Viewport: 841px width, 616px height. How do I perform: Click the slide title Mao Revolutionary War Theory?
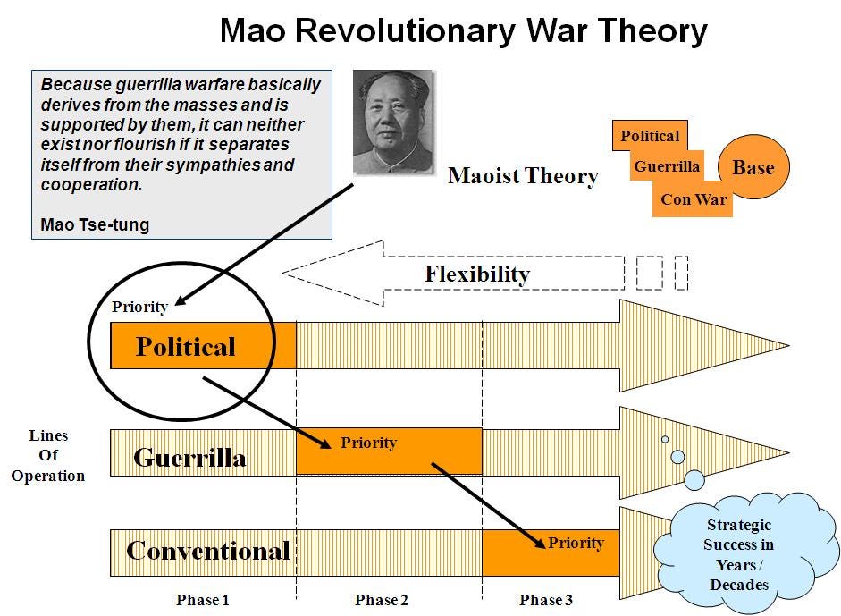click(463, 31)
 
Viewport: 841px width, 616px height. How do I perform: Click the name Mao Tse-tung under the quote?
click(95, 224)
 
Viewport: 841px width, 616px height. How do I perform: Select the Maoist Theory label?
click(523, 175)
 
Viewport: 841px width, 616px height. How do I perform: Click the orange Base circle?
click(753, 167)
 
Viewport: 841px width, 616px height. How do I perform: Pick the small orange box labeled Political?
click(650, 136)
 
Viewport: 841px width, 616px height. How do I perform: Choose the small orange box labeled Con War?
click(694, 199)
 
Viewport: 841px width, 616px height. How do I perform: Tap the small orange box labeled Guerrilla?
click(667, 166)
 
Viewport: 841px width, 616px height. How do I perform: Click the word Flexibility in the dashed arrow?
click(476, 274)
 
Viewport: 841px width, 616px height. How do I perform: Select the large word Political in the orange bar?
click(185, 346)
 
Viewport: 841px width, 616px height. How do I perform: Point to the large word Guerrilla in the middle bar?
click(189, 458)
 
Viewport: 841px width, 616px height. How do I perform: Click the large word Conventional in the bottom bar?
click(208, 551)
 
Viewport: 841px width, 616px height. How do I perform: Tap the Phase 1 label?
click(203, 600)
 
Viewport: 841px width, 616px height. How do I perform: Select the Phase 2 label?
click(382, 600)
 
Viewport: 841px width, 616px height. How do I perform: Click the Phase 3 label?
click(546, 600)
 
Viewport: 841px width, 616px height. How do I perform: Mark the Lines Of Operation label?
click(48, 456)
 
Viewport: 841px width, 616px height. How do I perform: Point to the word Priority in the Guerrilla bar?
click(368, 443)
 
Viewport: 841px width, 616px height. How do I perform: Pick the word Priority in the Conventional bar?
click(576, 543)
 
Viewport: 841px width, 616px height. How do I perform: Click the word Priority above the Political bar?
click(139, 307)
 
